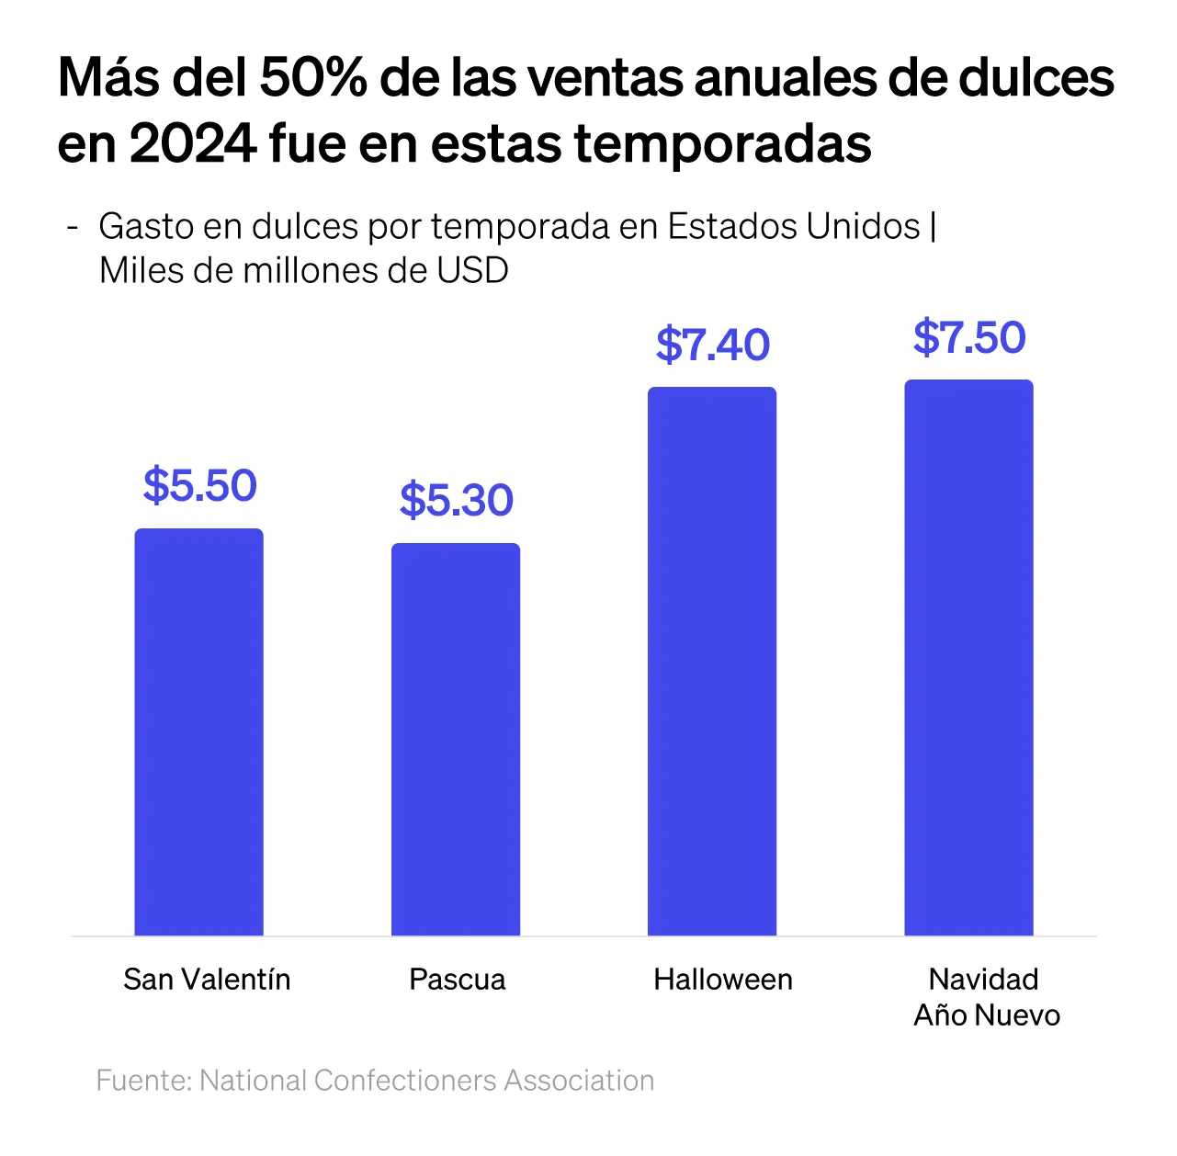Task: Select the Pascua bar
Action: (456, 740)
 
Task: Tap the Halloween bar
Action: (712, 662)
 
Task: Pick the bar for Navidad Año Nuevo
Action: (968, 658)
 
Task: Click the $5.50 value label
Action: (200, 485)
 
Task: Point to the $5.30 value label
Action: (457, 500)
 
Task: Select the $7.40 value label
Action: (713, 345)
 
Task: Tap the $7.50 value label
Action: (969, 337)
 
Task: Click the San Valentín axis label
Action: (207, 980)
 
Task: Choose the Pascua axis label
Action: (458, 980)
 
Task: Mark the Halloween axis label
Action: (723, 980)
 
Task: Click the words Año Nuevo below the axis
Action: (987, 1015)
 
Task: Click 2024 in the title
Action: (192, 144)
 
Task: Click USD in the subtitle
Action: (472, 270)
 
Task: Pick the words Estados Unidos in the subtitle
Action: (794, 226)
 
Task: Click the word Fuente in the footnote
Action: (143, 1080)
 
